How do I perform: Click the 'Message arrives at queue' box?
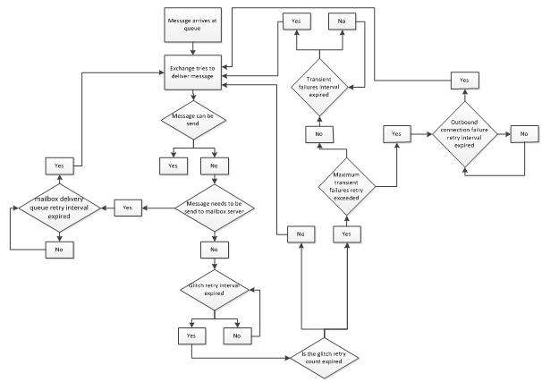189,24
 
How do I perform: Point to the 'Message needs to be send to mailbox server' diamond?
214,207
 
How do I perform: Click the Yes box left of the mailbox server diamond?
127,207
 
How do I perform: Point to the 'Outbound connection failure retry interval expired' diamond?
462,133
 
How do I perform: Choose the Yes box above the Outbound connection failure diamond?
463,80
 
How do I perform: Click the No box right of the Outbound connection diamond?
525,133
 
